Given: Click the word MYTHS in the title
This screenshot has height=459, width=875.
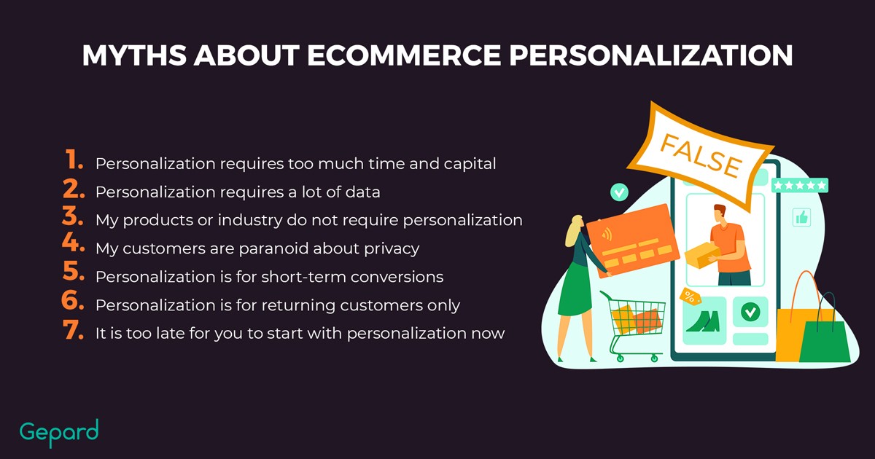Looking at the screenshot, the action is [134, 55].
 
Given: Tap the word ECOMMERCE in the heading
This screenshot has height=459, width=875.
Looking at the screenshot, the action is [404, 55].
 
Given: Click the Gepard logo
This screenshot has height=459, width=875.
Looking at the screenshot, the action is [59, 433].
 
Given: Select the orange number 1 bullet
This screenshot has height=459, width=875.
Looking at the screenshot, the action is [74, 160].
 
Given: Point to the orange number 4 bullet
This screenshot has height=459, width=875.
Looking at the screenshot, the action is [73, 242].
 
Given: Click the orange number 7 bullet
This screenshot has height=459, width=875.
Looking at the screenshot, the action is [73, 330].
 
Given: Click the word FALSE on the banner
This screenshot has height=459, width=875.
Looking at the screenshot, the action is [701, 156].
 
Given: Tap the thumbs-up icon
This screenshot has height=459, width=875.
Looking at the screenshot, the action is [801, 217].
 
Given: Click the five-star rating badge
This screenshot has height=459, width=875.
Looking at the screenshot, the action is [800, 185].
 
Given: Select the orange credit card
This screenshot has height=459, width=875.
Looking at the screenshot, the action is [633, 240].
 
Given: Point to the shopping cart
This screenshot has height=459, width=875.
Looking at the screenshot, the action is [633, 326].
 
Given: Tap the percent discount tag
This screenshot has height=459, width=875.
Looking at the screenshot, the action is [690, 297].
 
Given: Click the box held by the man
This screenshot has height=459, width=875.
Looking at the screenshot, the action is [701, 255].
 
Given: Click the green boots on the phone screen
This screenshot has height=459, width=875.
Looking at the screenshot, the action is [704, 321].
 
